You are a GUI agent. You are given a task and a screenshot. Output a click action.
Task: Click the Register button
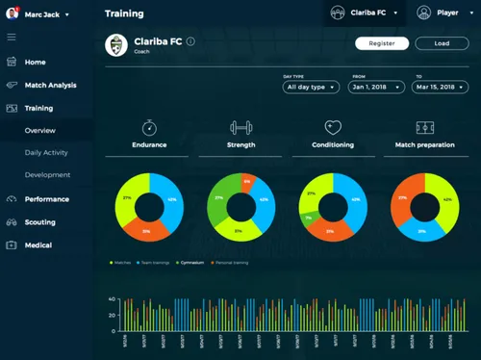pyautogui.click(x=382, y=43)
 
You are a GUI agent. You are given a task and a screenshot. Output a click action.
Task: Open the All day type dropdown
pyautogui.click(x=311, y=87)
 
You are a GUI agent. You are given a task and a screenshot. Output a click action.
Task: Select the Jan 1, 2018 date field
pyautogui.click(x=376, y=87)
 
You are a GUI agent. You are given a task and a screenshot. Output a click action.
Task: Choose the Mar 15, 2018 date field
pyautogui.click(x=440, y=87)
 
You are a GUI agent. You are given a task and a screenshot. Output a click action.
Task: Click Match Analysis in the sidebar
pyautogui.click(x=50, y=86)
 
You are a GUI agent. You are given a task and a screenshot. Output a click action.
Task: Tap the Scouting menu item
pyautogui.click(x=41, y=222)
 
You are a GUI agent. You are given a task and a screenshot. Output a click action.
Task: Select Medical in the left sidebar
pyautogui.click(x=38, y=244)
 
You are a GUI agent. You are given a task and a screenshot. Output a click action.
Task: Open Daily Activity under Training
pyautogui.click(x=47, y=152)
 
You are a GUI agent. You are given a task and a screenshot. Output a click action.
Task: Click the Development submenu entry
pyautogui.click(x=47, y=175)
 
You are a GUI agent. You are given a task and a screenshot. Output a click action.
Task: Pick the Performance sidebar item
pyautogui.click(x=46, y=199)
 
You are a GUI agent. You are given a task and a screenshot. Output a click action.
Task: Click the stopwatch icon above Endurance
pyautogui.click(x=149, y=127)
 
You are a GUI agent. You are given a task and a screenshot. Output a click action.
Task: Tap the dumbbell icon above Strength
pyautogui.click(x=240, y=127)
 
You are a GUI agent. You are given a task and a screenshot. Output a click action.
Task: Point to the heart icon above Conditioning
pyautogui.click(x=333, y=127)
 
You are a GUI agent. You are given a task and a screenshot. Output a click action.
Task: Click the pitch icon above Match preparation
pyautogui.click(x=424, y=127)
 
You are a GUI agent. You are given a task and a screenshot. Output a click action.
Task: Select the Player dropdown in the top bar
pyautogui.click(x=440, y=13)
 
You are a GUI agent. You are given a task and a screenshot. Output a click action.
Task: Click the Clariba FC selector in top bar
pyautogui.click(x=363, y=13)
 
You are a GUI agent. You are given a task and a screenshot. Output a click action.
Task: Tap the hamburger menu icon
pyautogui.click(x=12, y=38)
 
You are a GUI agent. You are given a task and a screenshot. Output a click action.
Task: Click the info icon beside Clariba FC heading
pyautogui.click(x=190, y=41)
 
